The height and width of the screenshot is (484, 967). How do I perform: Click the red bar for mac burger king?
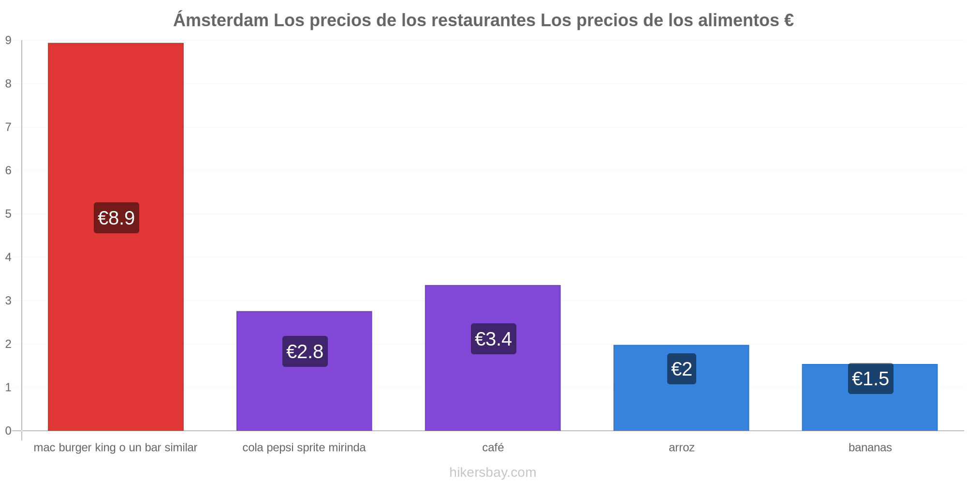click(116, 237)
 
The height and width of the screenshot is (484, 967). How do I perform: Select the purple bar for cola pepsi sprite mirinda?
click(304, 371)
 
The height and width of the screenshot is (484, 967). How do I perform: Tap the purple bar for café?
click(493, 358)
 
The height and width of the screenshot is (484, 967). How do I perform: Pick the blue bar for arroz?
click(681, 388)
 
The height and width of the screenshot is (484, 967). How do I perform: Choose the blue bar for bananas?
click(870, 397)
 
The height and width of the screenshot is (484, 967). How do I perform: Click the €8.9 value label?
click(117, 218)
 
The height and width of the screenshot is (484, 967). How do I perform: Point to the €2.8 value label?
click(305, 351)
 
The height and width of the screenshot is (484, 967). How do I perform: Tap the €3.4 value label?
click(494, 339)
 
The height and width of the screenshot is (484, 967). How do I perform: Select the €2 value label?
click(682, 369)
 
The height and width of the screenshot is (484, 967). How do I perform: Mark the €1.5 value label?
click(871, 378)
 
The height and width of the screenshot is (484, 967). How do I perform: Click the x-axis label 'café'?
click(493, 447)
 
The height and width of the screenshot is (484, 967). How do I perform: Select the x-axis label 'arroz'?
click(682, 448)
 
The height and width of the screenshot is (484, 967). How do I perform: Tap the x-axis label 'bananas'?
click(870, 447)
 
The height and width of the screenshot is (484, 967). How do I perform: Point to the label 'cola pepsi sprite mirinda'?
click(304, 448)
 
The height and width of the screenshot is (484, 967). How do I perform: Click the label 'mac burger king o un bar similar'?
click(116, 448)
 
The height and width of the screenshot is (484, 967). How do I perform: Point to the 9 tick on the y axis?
click(8, 41)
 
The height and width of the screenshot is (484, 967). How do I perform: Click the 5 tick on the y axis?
click(8, 214)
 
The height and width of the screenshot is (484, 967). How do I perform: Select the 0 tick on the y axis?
click(8, 431)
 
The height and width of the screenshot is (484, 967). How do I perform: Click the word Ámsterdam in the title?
click(221, 20)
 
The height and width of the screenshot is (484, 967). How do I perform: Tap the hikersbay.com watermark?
click(493, 472)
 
